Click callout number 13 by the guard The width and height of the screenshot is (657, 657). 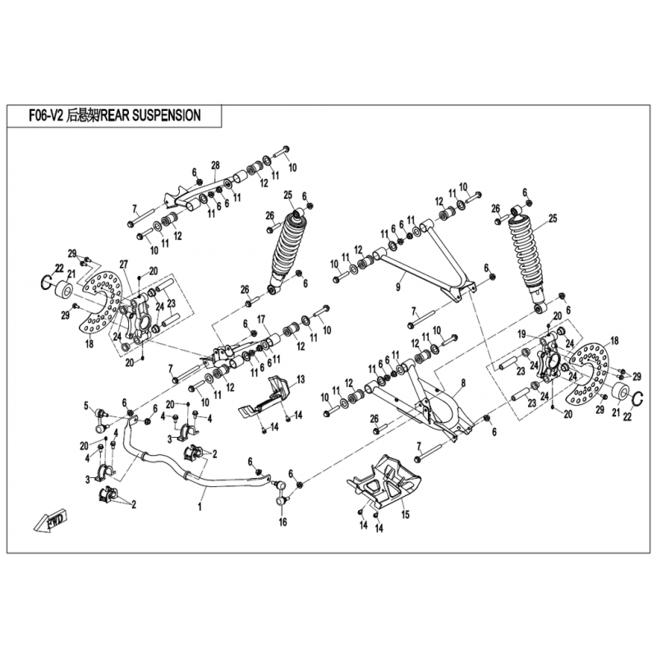tap(300, 379)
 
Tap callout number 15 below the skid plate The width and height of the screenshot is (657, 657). tap(404, 515)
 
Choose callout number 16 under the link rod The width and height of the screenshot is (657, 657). tap(282, 522)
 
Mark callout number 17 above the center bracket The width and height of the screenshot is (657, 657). tap(261, 319)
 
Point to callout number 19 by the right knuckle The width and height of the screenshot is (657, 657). tap(520, 335)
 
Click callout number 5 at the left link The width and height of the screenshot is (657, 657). tap(85, 405)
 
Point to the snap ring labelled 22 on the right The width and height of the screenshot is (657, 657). tap(641, 400)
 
